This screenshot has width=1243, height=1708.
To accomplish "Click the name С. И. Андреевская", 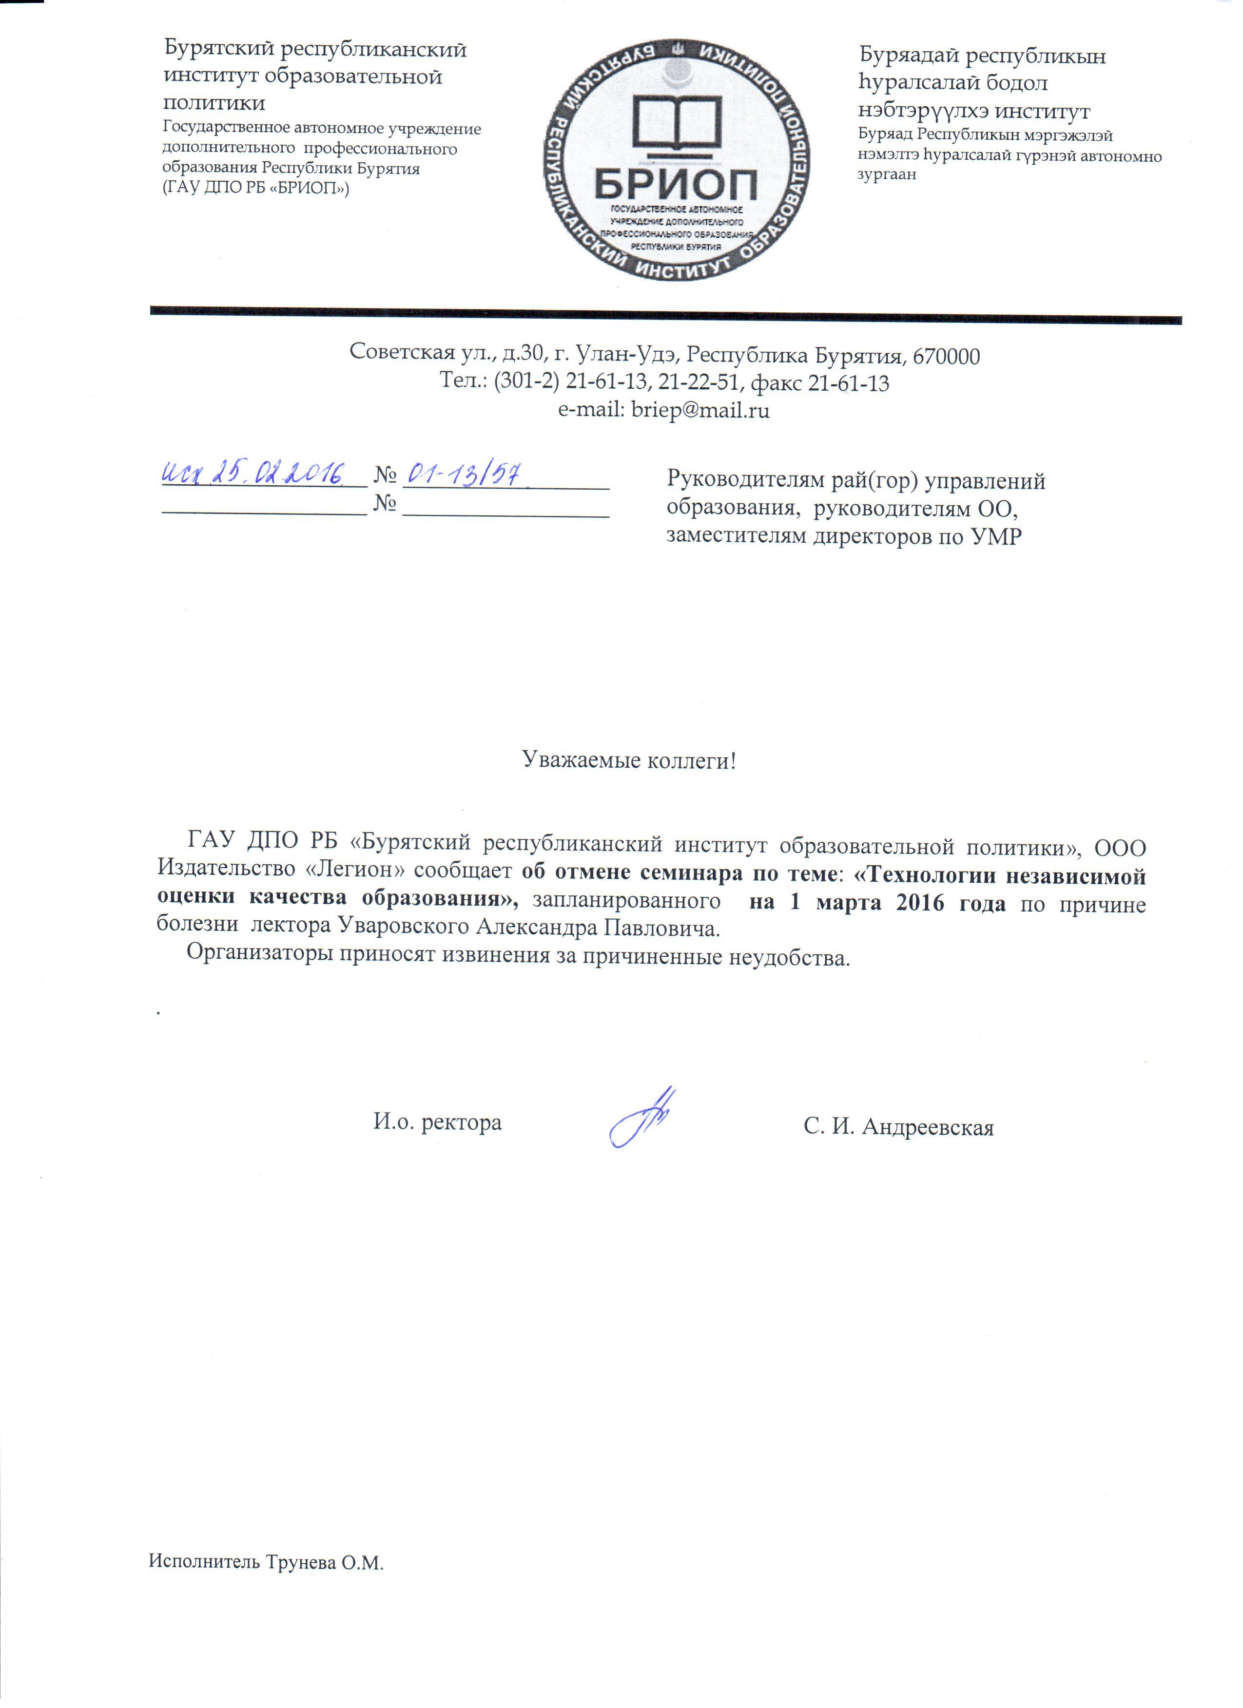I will (898, 1127).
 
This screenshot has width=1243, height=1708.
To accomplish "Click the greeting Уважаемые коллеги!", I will (629, 760).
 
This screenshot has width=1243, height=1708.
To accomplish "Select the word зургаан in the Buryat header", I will (888, 175).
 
